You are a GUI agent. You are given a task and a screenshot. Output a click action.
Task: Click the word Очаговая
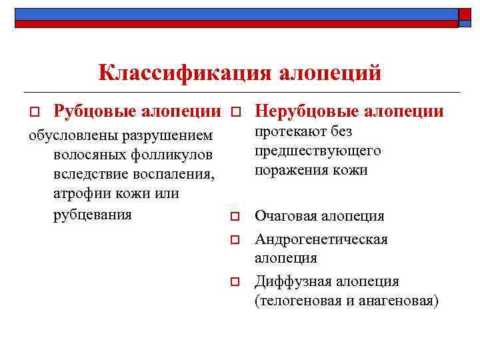click(x=285, y=216)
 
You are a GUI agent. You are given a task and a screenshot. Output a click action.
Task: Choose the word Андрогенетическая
click(x=321, y=239)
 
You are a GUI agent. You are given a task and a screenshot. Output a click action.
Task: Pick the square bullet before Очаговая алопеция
click(x=234, y=217)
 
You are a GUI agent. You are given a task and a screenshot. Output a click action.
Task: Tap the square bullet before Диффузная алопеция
click(x=234, y=282)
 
